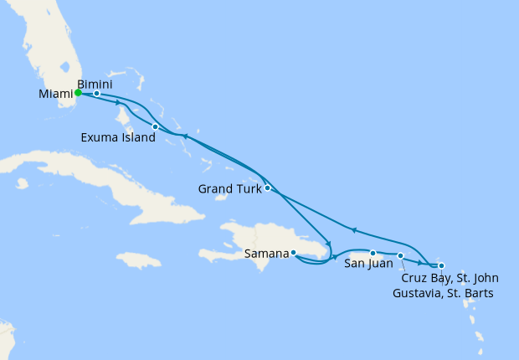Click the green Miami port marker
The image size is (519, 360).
(78, 93)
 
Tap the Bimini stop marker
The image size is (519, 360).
(97, 94)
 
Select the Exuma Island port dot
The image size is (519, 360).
(155, 126)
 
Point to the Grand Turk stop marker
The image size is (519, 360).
(267, 188)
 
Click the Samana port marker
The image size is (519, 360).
(293, 252)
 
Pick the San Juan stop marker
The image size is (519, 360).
(373, 253)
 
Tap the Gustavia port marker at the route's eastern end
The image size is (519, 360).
(441, 266)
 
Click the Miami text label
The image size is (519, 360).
(54, 94)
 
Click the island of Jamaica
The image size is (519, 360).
(138, 260)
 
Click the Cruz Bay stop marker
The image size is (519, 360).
(400, 255)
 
